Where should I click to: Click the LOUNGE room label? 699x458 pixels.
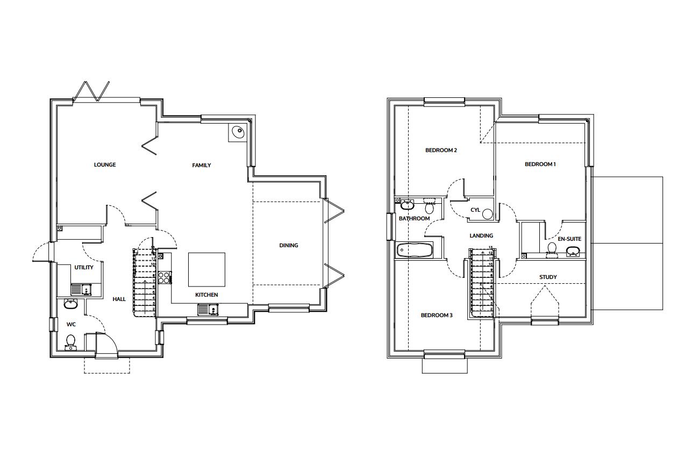[x=105, y=165]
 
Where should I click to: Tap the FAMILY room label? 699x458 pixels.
[x=202, y=166]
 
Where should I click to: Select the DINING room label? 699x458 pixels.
[x=289, y=246]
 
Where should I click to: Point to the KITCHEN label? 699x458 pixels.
[x=206, y=295]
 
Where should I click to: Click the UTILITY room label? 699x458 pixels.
[x=84, y=268]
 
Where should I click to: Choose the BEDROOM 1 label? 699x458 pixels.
[x=540, y=164]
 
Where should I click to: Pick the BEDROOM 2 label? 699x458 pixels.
[x=441, y=151]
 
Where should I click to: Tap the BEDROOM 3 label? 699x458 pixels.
[x=436, y=316]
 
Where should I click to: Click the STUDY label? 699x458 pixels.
[x=548, y=277]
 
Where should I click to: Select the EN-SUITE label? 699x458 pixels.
[x=569, y=239]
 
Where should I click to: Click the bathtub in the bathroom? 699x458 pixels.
[x=414, y=250]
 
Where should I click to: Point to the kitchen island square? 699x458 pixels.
[x=206, y=270]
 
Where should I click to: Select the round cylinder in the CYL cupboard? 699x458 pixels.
[x=487, y=214]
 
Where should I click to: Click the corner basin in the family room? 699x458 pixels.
[x=237, y=131]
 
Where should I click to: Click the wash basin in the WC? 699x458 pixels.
[x=70, y=304]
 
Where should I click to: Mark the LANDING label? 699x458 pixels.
[x=481, y=236]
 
